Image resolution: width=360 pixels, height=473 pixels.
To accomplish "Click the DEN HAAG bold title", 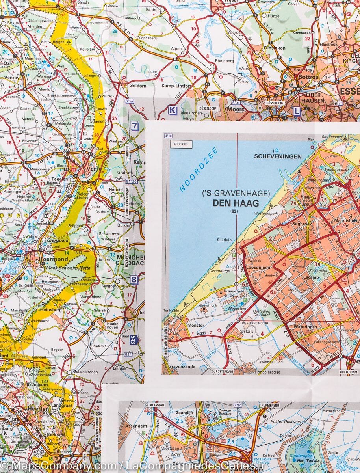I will pyautogui.click(x=235, y=203).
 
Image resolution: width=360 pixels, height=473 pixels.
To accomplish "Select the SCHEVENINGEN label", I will pyautogui.click(x=278, y=156).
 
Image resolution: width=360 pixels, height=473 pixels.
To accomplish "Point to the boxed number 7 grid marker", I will pyautogui.click(x=135, y=126).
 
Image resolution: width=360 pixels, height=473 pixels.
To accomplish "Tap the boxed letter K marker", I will pyautogui.click(x=172, y=110).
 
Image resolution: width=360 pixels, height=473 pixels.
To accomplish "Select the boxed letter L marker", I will pyautogui.click(x=296, y=112).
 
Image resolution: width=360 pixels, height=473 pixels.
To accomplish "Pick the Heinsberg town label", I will pyautogui.click(x=51, y=310).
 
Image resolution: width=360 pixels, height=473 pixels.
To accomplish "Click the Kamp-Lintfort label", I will pyautogui.click(x=173, y=85).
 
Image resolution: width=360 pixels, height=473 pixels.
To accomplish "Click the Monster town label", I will pyautogui.click(x=196, y=325).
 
